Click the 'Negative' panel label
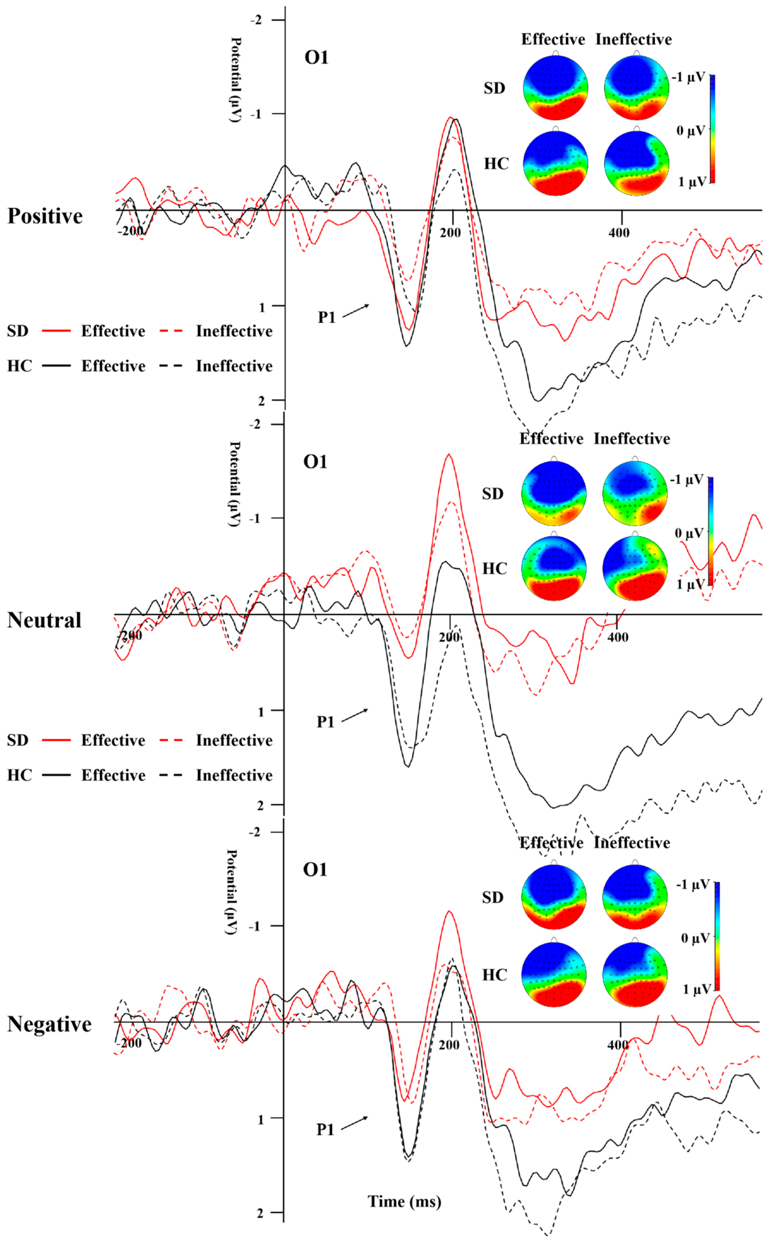pyautogui.click(x=49, y=1024)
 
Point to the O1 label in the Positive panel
pyautogui.click(x=316, y=58)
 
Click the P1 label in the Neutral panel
pyautogui.click(x=326, y=722)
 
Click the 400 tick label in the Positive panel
pyautogui.click(x=619, y=233)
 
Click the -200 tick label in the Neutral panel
pyautogui.click(x=130, y=635)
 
